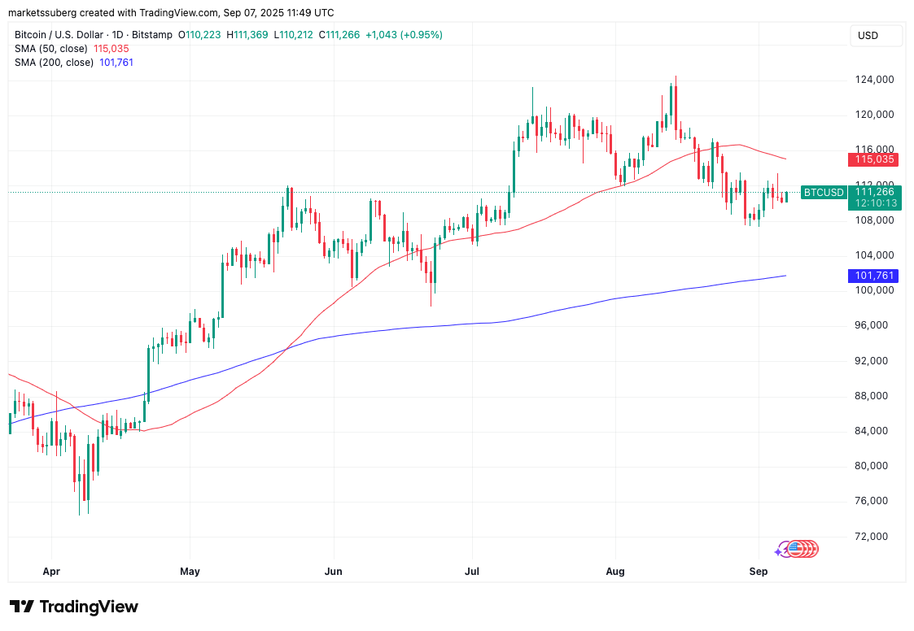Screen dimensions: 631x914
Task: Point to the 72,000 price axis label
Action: tap(872, 537)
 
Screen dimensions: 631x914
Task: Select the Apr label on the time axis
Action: tap(51, 572)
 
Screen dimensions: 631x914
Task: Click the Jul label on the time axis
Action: tap(473, 572)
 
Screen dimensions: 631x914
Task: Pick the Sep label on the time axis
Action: tap(758, 572)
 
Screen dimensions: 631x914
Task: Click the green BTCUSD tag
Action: tap(822, 193)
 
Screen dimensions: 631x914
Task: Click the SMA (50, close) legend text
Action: tap(50, 49)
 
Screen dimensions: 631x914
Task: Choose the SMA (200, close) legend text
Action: tap(54, 63)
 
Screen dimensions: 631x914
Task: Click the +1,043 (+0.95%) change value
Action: tap(405, 35)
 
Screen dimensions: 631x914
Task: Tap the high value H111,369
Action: tap(249, 35)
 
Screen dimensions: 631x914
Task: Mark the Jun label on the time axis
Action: tap(333, 572)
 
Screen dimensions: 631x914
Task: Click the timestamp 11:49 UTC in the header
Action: tap(288, 13)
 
